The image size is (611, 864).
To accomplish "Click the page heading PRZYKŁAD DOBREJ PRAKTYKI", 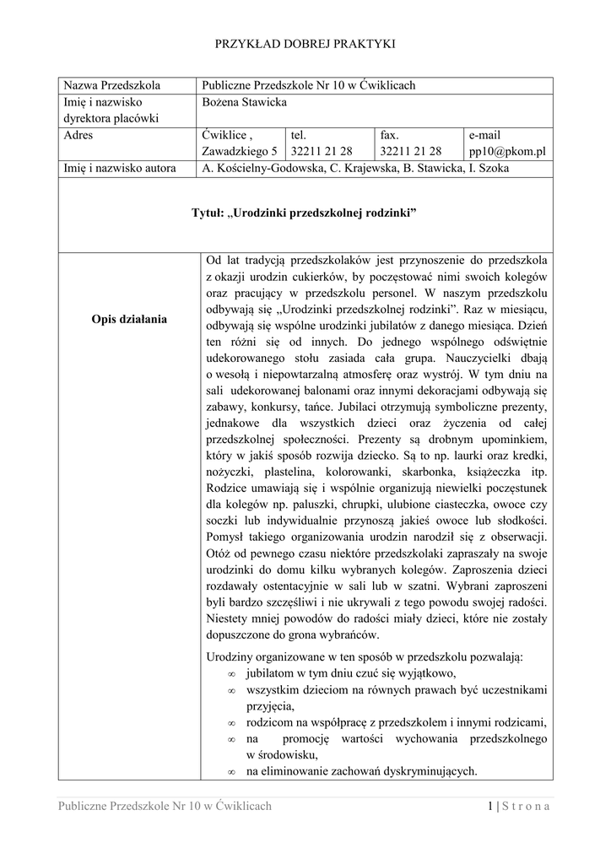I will click(305, 43).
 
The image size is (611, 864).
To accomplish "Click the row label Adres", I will click(78, 135).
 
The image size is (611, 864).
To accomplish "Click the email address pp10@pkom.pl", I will click(507, 151).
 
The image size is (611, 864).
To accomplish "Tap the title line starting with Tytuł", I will click(305, 214).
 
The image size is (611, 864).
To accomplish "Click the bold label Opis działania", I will click(131, 319).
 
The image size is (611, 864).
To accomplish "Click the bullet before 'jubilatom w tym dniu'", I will click(231, 674).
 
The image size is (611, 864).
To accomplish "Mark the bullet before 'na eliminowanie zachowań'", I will click(231, 771).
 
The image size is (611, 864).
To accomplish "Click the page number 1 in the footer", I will click(490, 806).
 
